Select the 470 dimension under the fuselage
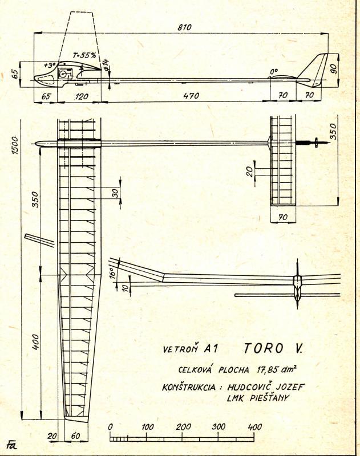click(x=191, y=96)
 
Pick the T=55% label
click(x=86, y=56)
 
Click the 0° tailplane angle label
click(x=274, y=72)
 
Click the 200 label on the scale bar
click(x=183, y=427)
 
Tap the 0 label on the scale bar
click(x=110, y=427)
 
